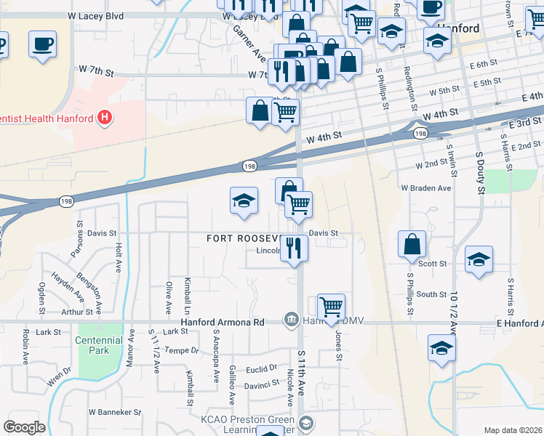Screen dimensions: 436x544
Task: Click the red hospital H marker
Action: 105,117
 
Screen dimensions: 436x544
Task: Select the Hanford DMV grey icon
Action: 290,320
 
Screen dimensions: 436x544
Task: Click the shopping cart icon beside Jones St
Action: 331,307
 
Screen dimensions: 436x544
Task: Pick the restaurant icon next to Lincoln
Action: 294,247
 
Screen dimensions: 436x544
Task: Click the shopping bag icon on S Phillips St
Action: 412,245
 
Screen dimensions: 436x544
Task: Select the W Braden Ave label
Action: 425,187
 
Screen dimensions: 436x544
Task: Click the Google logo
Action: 24,427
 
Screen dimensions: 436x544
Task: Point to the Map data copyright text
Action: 512,430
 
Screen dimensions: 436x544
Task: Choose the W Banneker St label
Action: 114,412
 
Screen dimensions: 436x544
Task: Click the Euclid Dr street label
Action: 263,368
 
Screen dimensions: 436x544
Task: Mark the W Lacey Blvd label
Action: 96,15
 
